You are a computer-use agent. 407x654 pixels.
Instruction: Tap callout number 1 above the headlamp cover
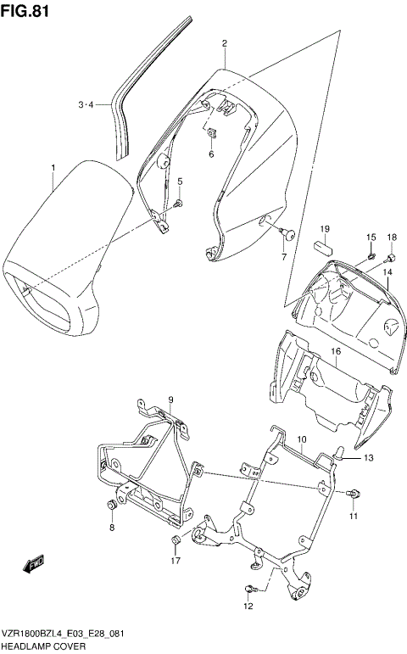click(x=53, y=167)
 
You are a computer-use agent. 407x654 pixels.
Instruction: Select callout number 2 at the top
click(x=224, y=43)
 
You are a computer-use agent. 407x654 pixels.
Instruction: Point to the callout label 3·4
click(x=86, y=105)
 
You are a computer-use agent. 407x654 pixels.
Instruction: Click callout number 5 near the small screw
click(x=179, y=182)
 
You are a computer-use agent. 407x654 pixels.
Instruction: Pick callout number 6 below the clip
click(x=211, y=154)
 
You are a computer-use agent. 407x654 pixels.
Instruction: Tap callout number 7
click(x=284, y=255)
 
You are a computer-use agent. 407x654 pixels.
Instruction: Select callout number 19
click(x=325, y=230)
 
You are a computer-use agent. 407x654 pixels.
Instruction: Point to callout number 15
click(x=371, y=237)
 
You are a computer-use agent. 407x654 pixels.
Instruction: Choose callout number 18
click(x=392, y=237)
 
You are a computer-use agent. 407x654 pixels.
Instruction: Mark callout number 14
click(x=386, y=272)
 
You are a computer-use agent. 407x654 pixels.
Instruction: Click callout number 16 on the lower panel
click(x=336, y=350)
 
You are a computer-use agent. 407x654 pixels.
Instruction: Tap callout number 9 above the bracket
click(x=170, y=400)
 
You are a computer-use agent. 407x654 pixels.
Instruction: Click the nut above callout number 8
click(x=111, y=506)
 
